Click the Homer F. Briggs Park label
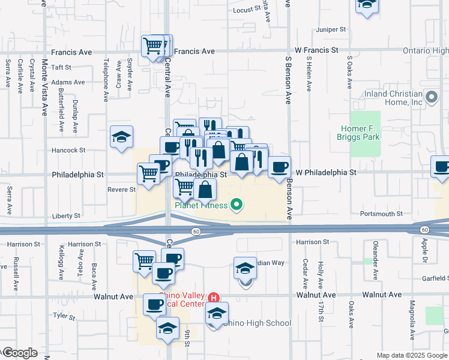tap(365, 133)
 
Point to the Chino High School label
tap(256, 323)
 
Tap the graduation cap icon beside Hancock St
tap(121, 137)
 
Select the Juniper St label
tap(333, 29)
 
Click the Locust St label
tap(248, 10)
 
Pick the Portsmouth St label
tap(381, 214)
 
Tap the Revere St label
tap(121, 190)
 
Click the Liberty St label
tap(67, 215)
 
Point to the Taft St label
tap(61, 68)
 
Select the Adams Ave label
tap(68, 82)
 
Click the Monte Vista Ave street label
tap(45, 87)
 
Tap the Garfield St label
tap(435, 278)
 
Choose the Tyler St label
tap(62, 314)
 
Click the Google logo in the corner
tap(19, 353)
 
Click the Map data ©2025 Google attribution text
tap(411, 355)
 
